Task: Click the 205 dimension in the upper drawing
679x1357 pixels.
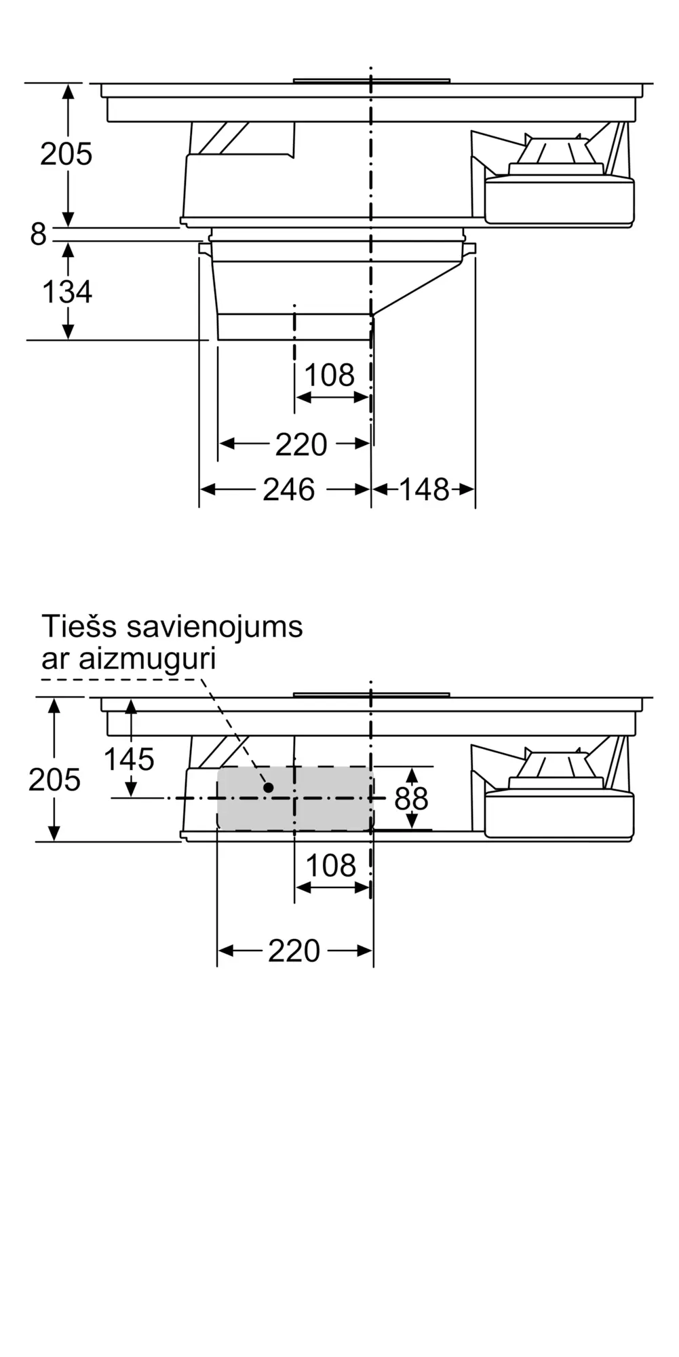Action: [x=66, y=155]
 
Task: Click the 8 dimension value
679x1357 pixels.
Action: [x=38, y=235]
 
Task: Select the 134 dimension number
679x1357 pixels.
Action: [x=66, y=292]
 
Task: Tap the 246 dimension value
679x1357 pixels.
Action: [x=289, y=490]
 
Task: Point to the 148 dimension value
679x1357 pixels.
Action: [x=424, y=490]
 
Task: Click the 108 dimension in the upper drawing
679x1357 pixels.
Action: [x=329, y=375]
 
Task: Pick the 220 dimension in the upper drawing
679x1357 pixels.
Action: [x=301, y=445]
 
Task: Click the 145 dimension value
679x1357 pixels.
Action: [x=129, y=759]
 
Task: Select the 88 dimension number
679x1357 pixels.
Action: [x=411, y=799]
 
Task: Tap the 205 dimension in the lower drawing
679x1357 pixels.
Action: [x=54, y=780]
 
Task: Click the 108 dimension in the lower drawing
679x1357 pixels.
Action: [x=330, y=866]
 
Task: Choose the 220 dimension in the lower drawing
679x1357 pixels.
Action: [x=294, y=951]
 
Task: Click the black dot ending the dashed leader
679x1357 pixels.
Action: [x=269, y=788]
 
